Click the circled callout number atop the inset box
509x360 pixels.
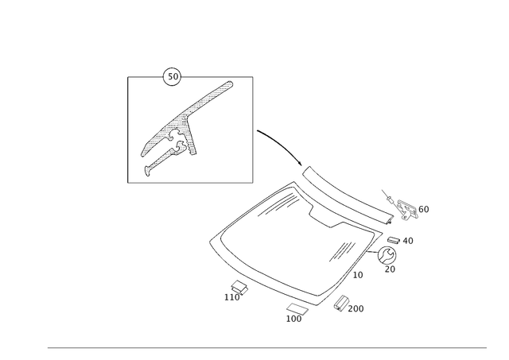(x=170, y=75)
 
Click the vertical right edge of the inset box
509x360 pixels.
(x=254, y=127)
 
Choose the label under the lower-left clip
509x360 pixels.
(x=231, y=297)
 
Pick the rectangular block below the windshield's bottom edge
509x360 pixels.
(x=297, y=310)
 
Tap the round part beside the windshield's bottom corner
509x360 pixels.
(x=340, y=301)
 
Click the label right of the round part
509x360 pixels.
(x=356, y=305)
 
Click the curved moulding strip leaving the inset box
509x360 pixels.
(x=278, y=143)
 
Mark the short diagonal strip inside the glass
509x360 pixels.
(x=342, y=250)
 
